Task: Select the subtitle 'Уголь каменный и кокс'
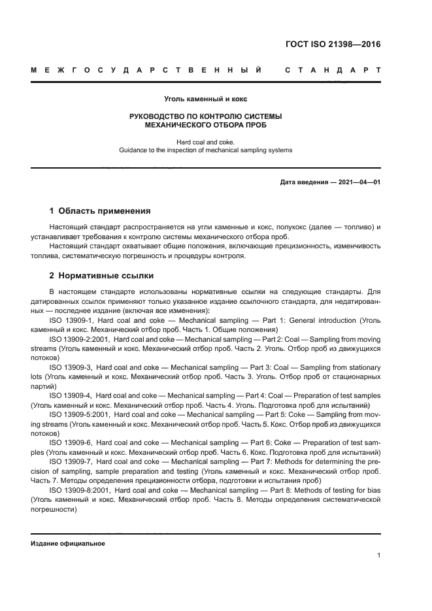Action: click(x=205, y=99)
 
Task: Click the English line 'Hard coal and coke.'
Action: click(x=205, y=141)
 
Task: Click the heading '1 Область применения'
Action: click(x=100, y=211)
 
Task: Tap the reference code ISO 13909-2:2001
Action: click(x=80, y=339)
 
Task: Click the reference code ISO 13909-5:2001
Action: click(x=80, y=414)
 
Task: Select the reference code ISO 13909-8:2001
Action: click(x=80, y=489)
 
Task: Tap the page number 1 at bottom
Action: click(x=378, y=555)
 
